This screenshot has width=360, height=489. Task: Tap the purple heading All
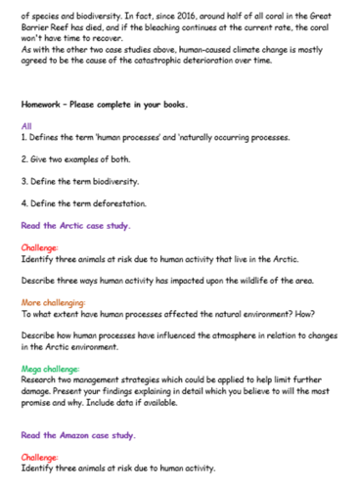[26, 126]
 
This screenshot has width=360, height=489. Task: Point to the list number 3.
[23, 182]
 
